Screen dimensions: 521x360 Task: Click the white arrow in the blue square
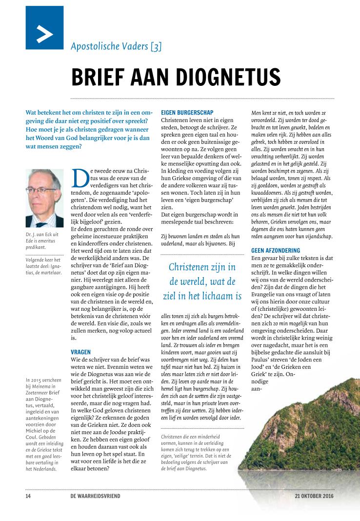coord(45,33)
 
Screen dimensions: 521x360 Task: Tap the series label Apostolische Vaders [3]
coord(116,47)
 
